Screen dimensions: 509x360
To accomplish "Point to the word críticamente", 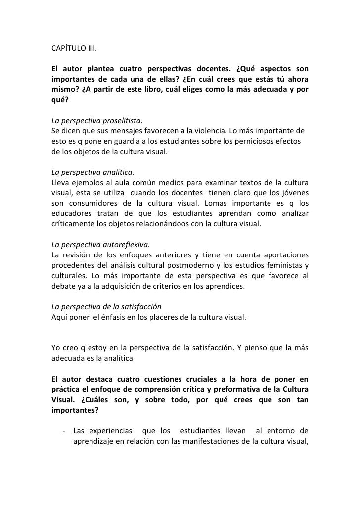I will (x=76, y=225).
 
